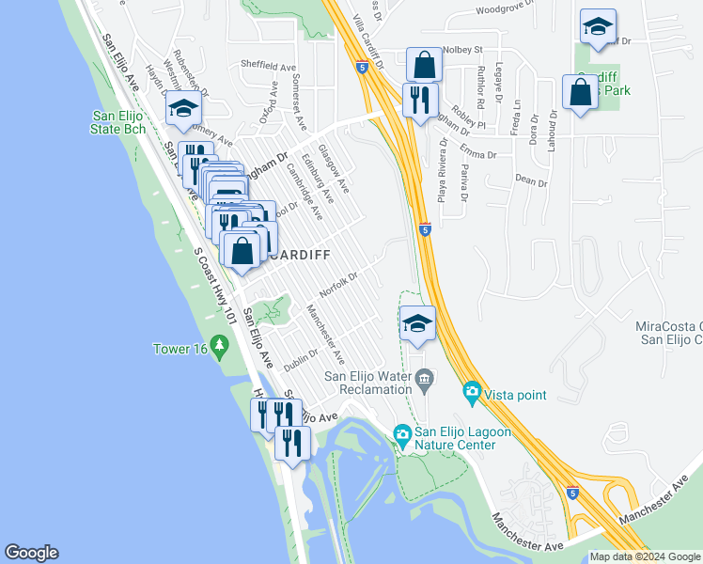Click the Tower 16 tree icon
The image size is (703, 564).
pyautogui.click(x=220, y=348)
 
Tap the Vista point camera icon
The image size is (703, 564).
pyautogui.click(x=472, y=390)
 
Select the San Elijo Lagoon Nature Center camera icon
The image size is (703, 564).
pyautogui.click(x=402, y=433)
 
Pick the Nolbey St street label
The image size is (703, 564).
pyautogui.click(x=461, y=49)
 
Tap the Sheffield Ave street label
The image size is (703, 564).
pyautogui.click(x=268, y=67)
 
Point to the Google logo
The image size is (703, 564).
pyautogui.click(x=31, y=553)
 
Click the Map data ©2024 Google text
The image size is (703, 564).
pyautogui.click(x=644, y=556)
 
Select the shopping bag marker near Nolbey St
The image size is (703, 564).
pyautogui.click(x=424, y=65)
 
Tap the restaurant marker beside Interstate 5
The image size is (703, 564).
pyautogui.click(x=419, y=99)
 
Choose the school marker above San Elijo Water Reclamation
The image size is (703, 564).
pyautogui.click(x=417, y=324)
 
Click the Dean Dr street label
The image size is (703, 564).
pyautogui.click(x=531, y=180)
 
